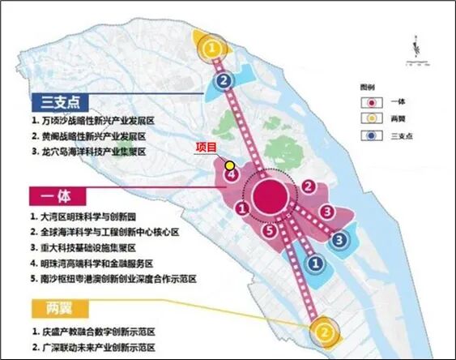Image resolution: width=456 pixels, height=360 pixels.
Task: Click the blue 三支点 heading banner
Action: (x=57, y=102)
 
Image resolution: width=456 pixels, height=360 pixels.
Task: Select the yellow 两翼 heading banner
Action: (x=57, y=309)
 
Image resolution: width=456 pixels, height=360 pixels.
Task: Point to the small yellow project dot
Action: (x=229, y=164)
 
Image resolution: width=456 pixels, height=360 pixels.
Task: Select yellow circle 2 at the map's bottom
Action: (x=323, y=332)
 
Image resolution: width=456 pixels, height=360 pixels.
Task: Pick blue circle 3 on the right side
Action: (x=341, y=239)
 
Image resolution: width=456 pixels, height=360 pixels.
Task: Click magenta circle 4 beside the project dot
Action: (x=231, y=174)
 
